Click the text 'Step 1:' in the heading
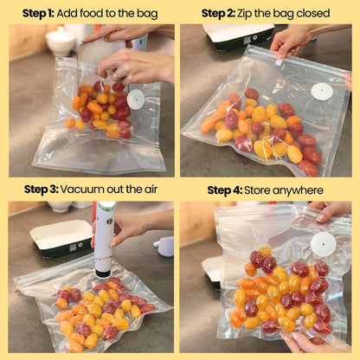point(38,14)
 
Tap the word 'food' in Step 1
point(90,13)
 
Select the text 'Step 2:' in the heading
point(218,13)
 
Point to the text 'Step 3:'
point(42,190)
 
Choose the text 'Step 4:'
point(225,190)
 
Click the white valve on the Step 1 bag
point(136,100)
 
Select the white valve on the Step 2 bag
point(322,92)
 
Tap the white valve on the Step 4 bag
point(324,244)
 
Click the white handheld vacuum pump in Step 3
point(104,239)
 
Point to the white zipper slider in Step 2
point(280,62)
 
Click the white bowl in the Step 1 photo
point(61,42)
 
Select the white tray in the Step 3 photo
point(62,238)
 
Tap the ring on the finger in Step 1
point(115,76)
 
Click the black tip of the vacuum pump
point(103,271)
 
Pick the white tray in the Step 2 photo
point(238,36)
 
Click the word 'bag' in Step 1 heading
point(149,14)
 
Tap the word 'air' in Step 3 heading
point(151,190)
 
